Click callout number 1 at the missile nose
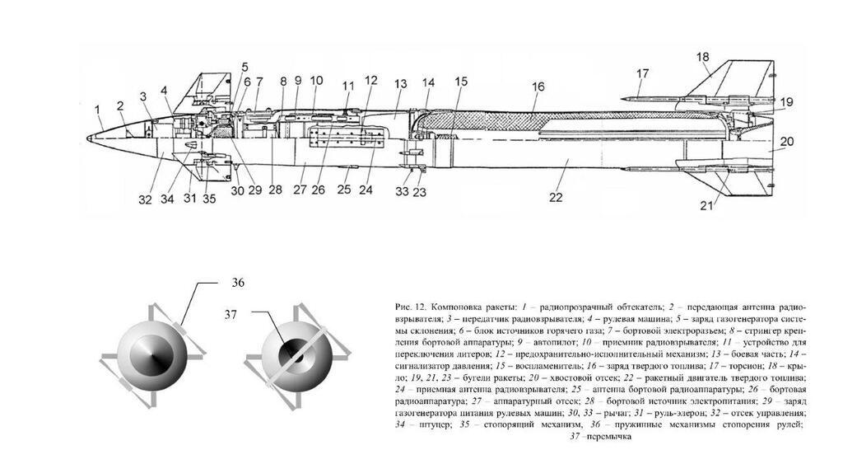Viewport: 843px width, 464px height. click(97, 109)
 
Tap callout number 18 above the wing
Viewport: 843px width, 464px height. click(702, 57)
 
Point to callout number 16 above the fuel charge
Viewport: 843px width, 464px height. click(538, 87)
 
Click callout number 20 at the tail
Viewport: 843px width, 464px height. click(786, 142)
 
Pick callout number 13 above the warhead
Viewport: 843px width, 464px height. click(401, 84)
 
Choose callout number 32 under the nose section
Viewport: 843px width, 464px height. click(146, 199)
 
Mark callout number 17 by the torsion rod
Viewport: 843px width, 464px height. click(642, 73)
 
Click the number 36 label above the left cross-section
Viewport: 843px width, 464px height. click(238, 282)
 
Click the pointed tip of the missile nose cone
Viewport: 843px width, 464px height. click(88, 137)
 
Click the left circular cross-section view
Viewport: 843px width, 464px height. click(150, 355)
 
